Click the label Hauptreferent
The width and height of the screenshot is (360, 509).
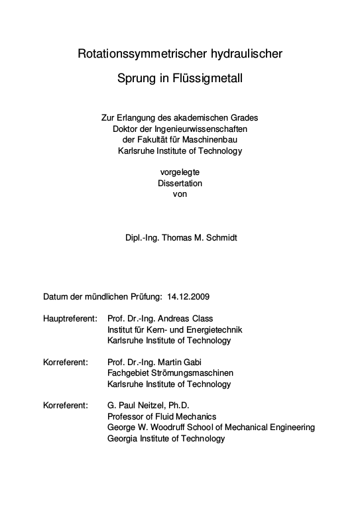(70, 318)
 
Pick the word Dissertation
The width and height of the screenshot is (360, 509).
(180, 183)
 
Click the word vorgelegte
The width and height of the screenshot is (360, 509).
(180, 172)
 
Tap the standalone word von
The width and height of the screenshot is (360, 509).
(180, 194)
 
